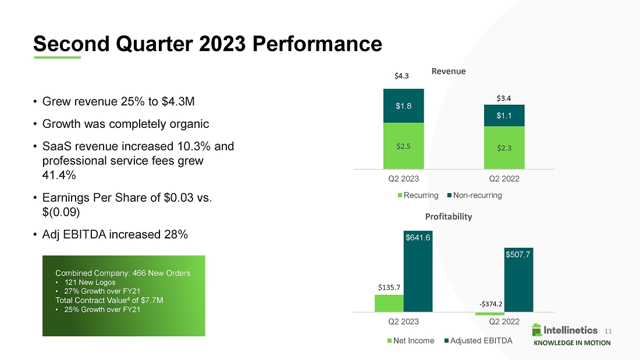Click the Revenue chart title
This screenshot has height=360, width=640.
[449, 71]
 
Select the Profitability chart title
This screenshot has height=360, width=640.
[449, 216]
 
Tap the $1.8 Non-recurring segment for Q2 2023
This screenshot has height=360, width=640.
[403, 106]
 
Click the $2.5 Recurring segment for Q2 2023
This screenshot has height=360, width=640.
[403, 145]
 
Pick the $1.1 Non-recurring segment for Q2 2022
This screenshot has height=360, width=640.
[504, 116]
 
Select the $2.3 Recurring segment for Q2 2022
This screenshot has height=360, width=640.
[504, 147]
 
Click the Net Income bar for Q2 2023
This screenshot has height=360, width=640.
[389, 303]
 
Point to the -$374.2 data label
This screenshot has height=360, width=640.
[490, 303]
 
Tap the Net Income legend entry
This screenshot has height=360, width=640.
[410, 341]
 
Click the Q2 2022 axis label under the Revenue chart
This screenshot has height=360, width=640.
[504, 178]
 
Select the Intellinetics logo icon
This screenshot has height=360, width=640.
[536, 330]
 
